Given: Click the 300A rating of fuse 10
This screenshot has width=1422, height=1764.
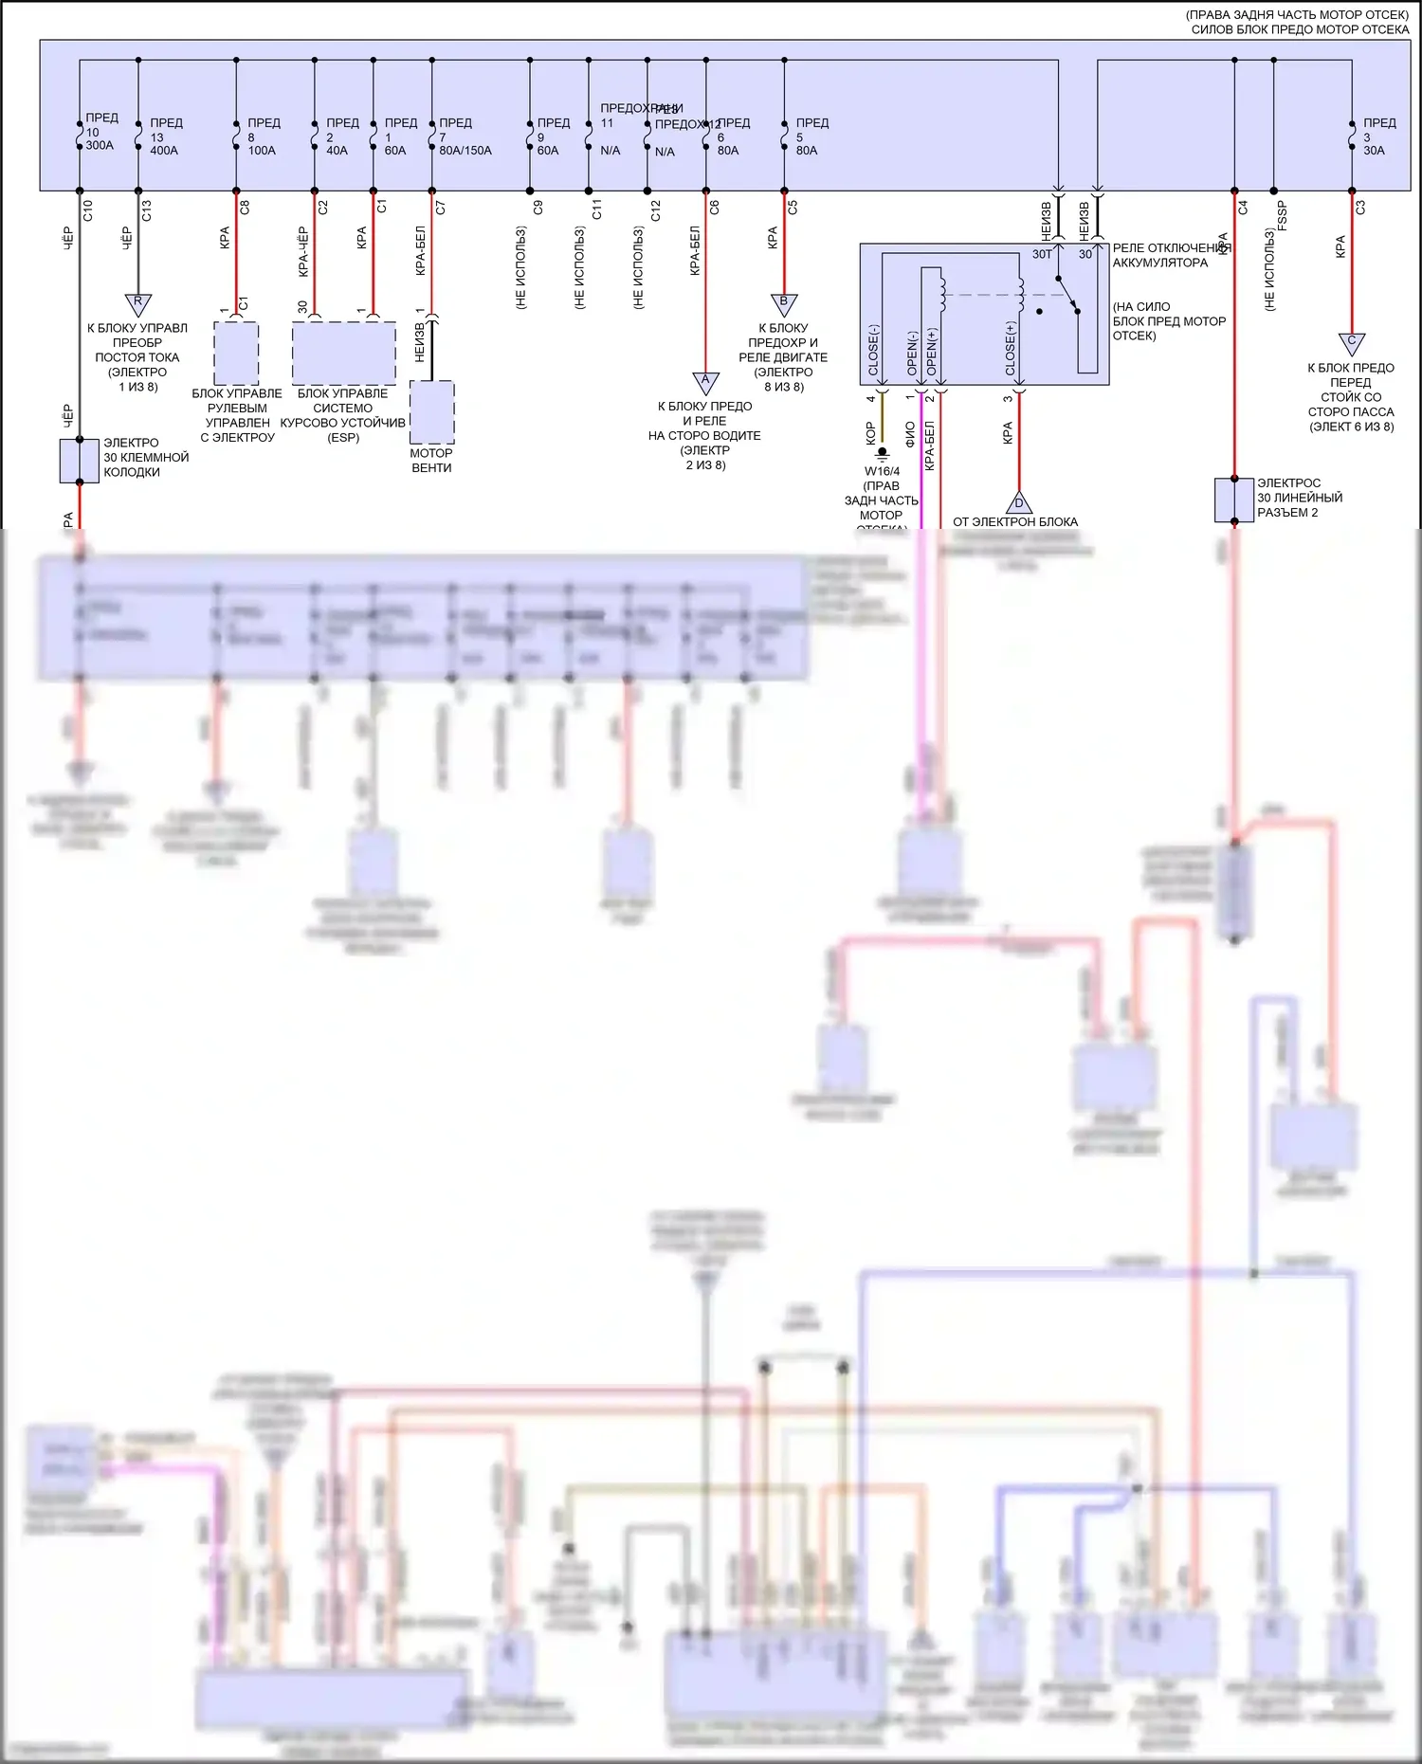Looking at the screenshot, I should pyautogui.click(x=100, y=146).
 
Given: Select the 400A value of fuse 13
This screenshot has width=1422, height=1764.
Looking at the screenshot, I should pyautogui.click(x=163, y=151).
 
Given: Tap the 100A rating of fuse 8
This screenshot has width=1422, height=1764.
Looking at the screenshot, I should pyautogui.click(x=262, y=151).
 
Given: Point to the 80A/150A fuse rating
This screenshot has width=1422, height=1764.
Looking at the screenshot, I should pyautogui.click(x=465, y=151).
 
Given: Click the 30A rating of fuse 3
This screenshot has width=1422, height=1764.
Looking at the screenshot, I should pyautogui.click(x=1374, y=151).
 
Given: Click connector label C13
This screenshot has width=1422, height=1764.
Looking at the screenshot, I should pyautogui.click(x=146, y=210).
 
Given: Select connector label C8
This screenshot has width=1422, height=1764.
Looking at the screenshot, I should pyautogui.click(x=245, y=208).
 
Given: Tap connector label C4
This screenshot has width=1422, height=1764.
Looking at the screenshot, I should pyautogui.click(x=1243, y=207).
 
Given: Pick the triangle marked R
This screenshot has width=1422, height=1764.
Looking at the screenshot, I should pyautogui.click(x=138, y=303).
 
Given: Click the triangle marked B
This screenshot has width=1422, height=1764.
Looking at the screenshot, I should pyautogui.click(x=784, y=303).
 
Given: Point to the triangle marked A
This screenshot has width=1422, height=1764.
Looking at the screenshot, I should pyautogui.click(x=705, y=381).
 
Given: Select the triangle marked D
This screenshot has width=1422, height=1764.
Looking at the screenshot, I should pyautogui.click(x=1019, y=502).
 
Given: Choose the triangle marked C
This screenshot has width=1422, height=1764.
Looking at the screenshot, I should pyautogui.click(x=1352, y=342).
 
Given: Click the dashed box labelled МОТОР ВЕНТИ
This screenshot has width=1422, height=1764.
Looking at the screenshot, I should pyautogui.click(x=432, y=412).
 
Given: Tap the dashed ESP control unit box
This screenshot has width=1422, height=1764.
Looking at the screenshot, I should pyautogui.click(x=343, y=353).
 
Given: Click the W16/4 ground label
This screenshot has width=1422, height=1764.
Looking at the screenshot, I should pyautogui.click(x=882, y=471).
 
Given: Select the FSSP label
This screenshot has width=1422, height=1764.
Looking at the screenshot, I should pyautogui.click(x=1282, y=215).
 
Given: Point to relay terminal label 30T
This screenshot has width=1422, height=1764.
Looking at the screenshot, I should pyautogui.click(x=1042, y=254).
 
